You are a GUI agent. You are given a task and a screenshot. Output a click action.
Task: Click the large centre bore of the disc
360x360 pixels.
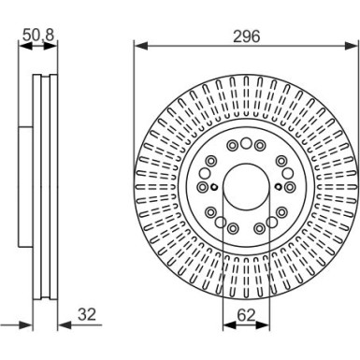click(x=246, y=184)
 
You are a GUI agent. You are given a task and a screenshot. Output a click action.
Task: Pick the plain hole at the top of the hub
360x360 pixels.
click(x=246, y=143)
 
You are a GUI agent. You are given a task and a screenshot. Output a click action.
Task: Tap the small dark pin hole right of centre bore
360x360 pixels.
click(x=277, y=184)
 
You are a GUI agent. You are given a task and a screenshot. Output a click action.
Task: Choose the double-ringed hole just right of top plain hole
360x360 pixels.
click(x=259, y=146)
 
